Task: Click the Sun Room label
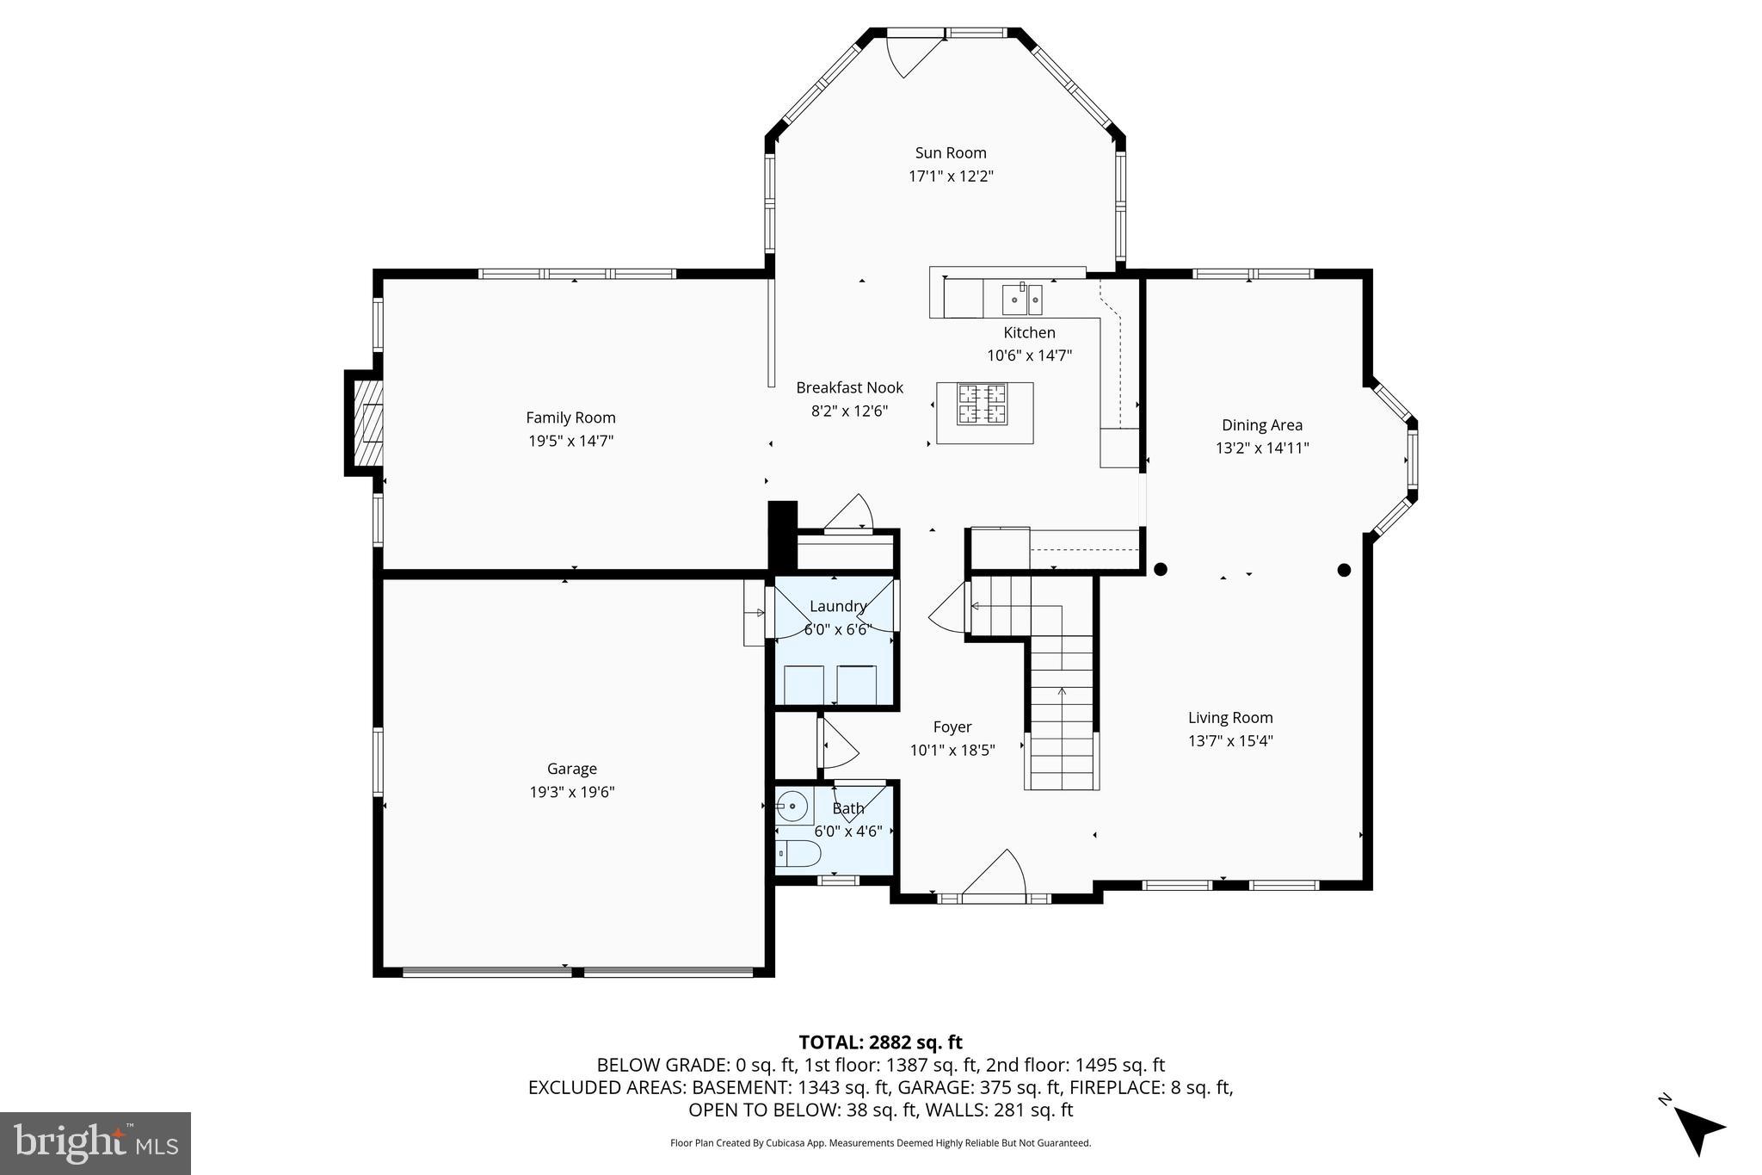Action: click(950, 153)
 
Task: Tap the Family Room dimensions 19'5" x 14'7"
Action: click(570, 441)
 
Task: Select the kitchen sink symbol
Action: click(1022, 299)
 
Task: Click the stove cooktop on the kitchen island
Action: click(983, 405)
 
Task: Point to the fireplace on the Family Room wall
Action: click(367, 423)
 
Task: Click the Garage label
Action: click(571, 769)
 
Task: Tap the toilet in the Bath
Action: click(800, 853)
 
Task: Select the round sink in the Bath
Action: click(792, 807)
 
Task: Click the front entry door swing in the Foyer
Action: click(998, 874)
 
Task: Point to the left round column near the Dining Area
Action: click(1160, 569)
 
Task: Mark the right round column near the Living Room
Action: click(1344, 570)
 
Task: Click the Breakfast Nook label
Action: click(849, 387)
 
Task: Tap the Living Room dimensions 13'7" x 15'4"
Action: click(1230, 740)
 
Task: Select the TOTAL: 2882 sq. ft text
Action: click(880, 1042)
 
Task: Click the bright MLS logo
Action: click(95, 1143)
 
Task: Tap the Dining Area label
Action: click(1261, 424)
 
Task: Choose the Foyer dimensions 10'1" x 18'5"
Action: click(952, 750)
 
